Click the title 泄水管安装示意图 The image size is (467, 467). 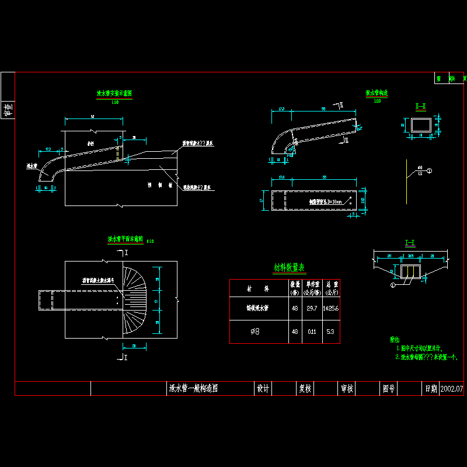coord(114,93)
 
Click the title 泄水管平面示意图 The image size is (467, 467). coord(126,239)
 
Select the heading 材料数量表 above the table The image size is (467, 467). coord(290,267)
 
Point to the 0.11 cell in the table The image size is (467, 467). coord(312,332)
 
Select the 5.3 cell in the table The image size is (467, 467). coord(330,332)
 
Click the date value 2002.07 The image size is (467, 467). coord(451,389)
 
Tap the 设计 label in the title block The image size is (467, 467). coord(263,389)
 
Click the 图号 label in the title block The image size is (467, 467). coord(389,389)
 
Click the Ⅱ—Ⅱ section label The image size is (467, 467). coord(420,107)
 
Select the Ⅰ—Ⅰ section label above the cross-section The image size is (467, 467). coord(409,242)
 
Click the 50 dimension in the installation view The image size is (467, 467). coord(93,117)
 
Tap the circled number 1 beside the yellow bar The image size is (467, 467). coord(430,171)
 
